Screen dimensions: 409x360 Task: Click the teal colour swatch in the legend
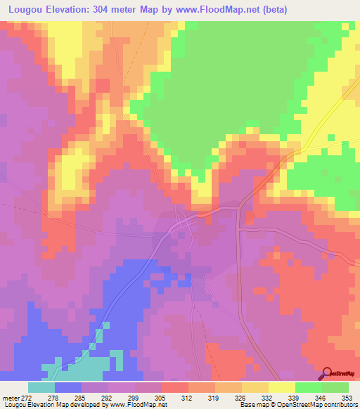tap(41, 387)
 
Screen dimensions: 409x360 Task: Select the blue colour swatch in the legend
tap(68, 387)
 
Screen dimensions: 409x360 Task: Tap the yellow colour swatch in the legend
tap(281, 387)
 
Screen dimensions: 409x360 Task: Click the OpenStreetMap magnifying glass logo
tap(327, 374)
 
